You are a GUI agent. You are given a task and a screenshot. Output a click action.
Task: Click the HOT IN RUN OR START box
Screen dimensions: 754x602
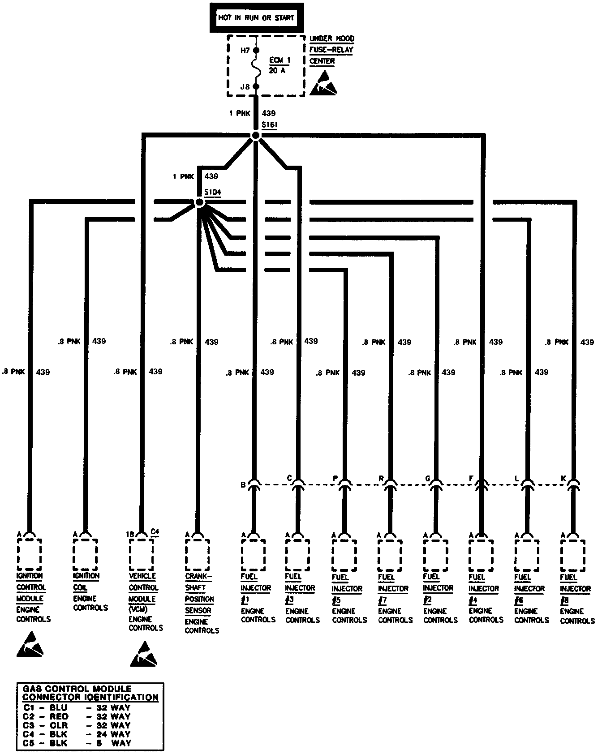pyautogui.click(x=256, y=18)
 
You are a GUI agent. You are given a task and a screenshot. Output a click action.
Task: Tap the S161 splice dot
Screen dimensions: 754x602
pyautogui.click(x=256, y=135)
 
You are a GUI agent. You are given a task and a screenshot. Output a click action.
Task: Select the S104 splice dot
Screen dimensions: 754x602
pyautogui.click(x=200, y=202)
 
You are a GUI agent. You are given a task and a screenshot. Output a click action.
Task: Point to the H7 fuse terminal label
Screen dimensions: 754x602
pyautogui.click(x=245, y=51)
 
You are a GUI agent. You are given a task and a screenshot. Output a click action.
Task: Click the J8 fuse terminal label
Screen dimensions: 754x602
pyautogui.click(x=245, y=87)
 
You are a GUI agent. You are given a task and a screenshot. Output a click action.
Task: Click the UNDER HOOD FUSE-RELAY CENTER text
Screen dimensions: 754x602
pyautogui.click(x=331, y=50)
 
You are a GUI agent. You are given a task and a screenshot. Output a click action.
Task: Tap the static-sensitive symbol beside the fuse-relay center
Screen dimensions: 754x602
pyautogui.click(x=323, y=83)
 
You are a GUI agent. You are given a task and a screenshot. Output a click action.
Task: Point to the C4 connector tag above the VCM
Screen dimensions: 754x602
pyautogui.click(x=155, y=531)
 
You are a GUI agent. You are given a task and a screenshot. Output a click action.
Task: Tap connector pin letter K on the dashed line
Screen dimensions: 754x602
pyautogui.click(x=563, y=479)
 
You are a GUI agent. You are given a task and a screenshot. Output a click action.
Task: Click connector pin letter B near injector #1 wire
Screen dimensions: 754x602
pyautogui.click(x=243, y=484)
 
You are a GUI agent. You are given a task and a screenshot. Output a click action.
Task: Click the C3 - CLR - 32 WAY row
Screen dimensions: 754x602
pyautogui.click(x=77, y=725)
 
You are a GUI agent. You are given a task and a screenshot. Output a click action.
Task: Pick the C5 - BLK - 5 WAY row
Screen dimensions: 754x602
pyautogui.click(x=77, y=743)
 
